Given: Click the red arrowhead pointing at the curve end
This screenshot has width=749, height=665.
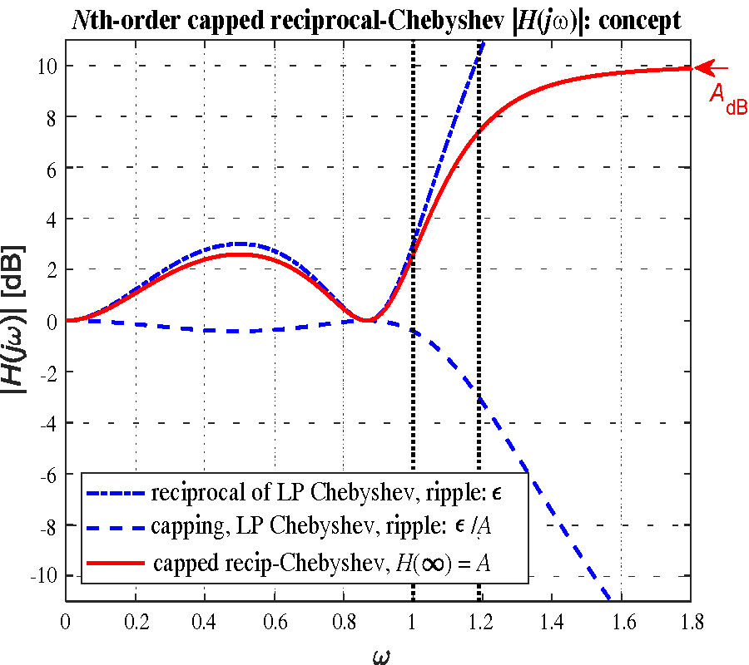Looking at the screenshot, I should point(702,67).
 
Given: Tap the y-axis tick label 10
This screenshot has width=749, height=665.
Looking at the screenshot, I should point(47,66).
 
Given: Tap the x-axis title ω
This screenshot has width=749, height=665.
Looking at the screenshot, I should point(379,653).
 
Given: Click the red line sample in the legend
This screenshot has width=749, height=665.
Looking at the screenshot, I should point(116,563).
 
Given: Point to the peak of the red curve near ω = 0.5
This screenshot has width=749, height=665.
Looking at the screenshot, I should point(239,254).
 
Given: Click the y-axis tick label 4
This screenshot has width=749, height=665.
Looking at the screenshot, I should point(50,219).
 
